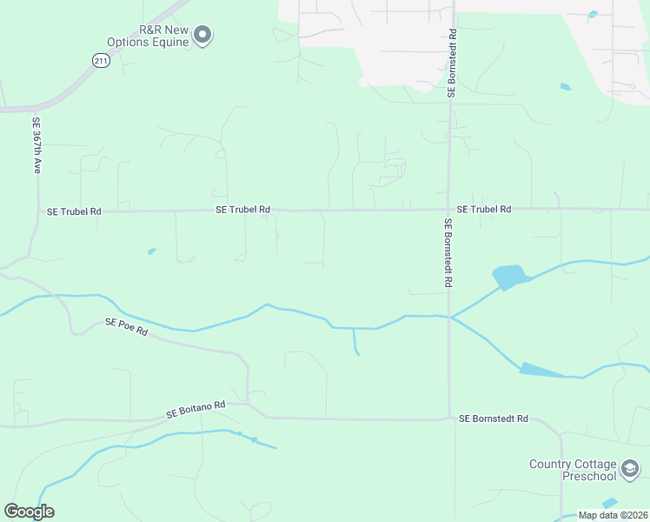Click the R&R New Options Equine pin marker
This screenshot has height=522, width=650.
coord(202,35)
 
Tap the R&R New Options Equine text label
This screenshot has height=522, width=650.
coord(148,35)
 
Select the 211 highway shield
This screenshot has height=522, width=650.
coord(101,60)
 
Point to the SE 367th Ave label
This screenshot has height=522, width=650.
coord(36,145)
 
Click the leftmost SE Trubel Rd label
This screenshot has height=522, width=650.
coord(74,211)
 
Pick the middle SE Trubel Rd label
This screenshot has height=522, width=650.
coord(242,210)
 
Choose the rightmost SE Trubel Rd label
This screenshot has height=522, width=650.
coord(483,209)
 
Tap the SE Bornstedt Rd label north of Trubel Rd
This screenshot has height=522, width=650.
coord(452,63)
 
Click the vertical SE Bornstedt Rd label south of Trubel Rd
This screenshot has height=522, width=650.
coord(449,253)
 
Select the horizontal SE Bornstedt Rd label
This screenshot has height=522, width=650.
coord(493,418)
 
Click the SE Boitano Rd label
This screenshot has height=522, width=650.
coord(196,405)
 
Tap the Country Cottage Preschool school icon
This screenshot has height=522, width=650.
coord(630,470)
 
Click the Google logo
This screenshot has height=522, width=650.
coord(29,512)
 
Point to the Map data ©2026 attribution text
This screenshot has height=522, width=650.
coord(613,515)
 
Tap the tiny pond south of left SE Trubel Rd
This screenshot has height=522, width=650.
coord(152,251)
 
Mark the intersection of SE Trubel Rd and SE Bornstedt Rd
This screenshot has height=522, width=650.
coord(448,210)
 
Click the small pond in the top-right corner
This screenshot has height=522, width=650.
coord(593,14)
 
